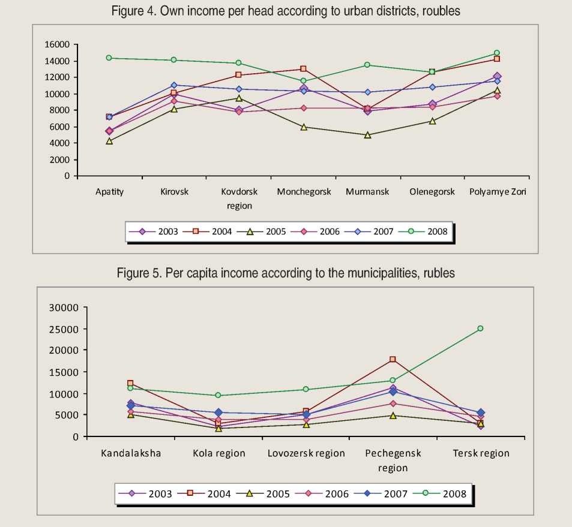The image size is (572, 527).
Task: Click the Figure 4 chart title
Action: point(286,11)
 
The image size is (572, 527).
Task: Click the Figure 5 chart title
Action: point(286,273)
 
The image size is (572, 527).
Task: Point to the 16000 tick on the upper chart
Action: point(58,44)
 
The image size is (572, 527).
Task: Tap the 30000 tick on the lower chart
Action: point(66,308)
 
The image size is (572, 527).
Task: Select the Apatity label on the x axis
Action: point(109,192)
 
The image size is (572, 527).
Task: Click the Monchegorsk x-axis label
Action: point(303,192)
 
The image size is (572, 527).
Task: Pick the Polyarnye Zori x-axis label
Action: point(498,192)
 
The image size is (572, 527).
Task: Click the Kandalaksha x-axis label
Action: point(130,453)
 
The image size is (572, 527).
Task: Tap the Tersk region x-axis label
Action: point(481,453)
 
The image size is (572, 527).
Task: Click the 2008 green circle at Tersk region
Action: point(480,329)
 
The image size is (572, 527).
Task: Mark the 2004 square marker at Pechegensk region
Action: point(393,359)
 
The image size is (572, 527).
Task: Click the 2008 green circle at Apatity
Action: point(109,58)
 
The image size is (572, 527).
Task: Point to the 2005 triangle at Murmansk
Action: point(367,135)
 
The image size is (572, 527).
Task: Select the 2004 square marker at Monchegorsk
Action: point(303,69)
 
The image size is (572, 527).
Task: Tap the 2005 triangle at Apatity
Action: point(109,141)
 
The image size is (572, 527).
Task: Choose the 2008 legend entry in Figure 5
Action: point(447,493)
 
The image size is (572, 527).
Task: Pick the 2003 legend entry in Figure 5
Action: point(152,493)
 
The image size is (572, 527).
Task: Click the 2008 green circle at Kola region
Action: point(218,395)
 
